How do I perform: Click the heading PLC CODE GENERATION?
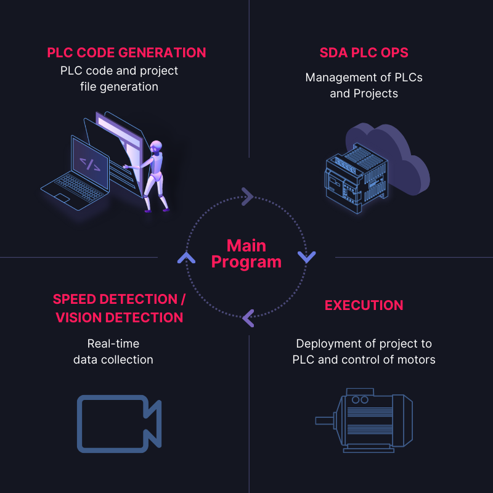pos(126,52)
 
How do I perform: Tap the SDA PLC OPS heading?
pos(364,52)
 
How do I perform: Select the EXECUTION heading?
pos(364,305)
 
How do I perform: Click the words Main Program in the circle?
pos(246,253)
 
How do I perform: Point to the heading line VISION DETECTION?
pos(120,317)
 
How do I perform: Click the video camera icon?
pos(119,422)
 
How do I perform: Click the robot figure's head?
pos(157,147)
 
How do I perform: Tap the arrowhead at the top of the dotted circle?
pos(247,197)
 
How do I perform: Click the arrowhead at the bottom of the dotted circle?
pos(248,318)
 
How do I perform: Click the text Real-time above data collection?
pos(113,343)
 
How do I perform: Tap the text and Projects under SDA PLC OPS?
pos(364,94)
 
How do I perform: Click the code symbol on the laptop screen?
pos(90,164)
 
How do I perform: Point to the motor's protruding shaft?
pos(324,421)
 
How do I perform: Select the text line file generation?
pos(119,86)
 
